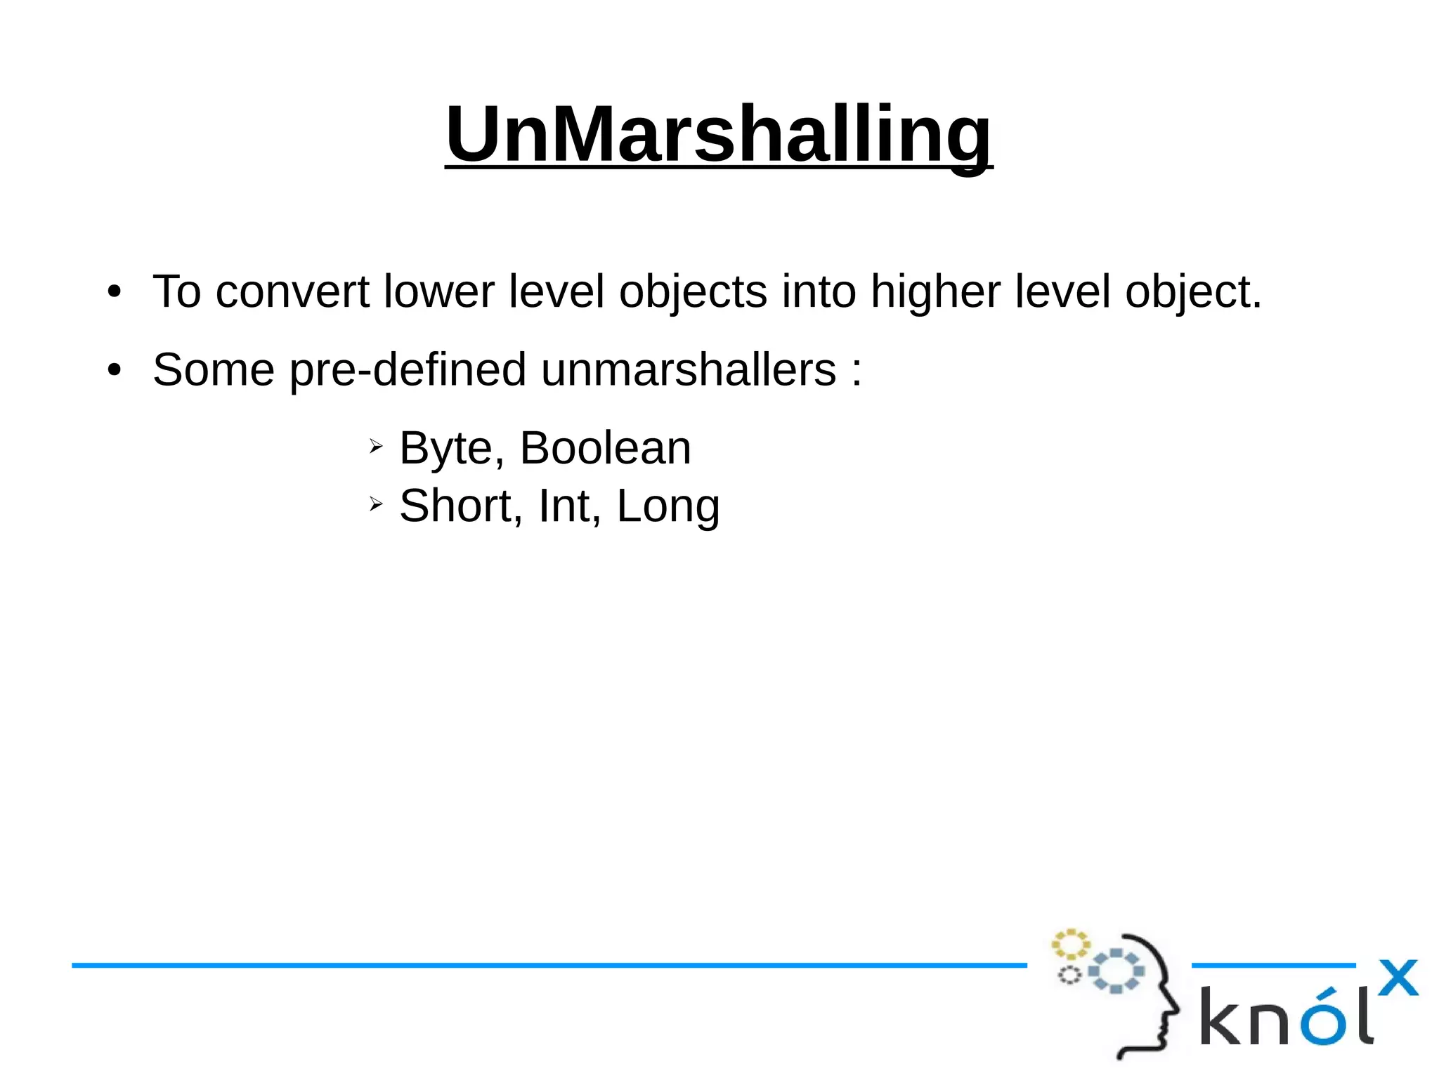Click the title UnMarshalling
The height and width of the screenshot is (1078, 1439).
click(x=718, y=134)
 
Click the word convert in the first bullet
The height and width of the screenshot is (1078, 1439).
click(x=292, y=291)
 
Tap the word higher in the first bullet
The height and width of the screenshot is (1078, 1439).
click(x=935, y=291)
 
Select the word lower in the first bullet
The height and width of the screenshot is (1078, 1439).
click(x=438, y=291)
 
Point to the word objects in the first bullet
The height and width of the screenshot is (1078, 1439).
click(x=693, y=291)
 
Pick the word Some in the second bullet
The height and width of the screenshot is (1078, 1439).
click(x=213, y=369)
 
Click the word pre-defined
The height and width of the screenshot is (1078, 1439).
click(x=408, y=369)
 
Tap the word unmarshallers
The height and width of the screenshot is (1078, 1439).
click(x=689, y=369)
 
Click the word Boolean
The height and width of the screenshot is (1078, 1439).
click(x=605, y=448)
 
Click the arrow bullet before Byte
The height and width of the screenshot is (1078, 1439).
click(x=376, y=446)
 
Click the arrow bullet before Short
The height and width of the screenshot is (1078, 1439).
click(x=376, y=504)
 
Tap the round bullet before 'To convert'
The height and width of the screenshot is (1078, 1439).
click(x=115, y=291)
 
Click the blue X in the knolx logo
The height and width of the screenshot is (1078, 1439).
click(x=1398, y=978)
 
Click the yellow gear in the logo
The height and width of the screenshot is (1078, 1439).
click(x=1069, y=945)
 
